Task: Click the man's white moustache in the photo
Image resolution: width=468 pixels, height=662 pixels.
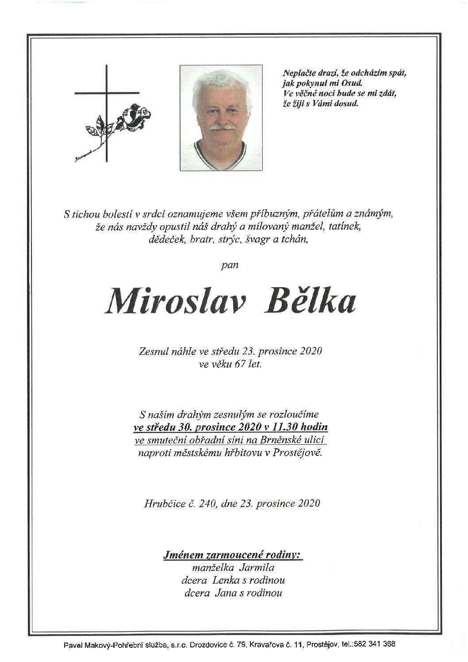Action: [x=222, y=127]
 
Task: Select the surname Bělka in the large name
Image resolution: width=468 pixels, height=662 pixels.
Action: [x=311, y=301]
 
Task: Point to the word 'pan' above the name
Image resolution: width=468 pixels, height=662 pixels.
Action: [x=230, y=265]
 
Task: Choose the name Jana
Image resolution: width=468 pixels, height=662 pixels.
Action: [x=225, y=593]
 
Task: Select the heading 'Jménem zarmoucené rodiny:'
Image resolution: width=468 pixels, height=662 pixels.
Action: [x=232, y=554]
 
